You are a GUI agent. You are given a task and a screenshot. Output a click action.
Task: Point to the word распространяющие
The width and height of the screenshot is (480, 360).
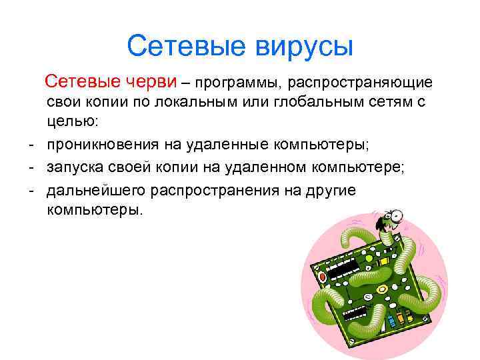pyautogui.click(x=360, y=83)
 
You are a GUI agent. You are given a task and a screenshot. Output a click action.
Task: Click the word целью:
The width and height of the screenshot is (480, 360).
pyautogui.click(x=72, y=122)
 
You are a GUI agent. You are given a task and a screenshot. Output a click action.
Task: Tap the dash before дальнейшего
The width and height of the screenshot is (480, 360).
pyautogui.click(x=31, y=190)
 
